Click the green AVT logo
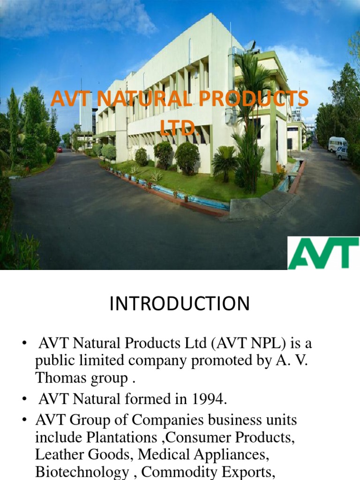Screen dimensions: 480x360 (323, 253)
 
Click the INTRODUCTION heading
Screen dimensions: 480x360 (180, 304)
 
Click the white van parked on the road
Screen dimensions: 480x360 (337, 144)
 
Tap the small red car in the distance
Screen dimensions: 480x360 (60, 149)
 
